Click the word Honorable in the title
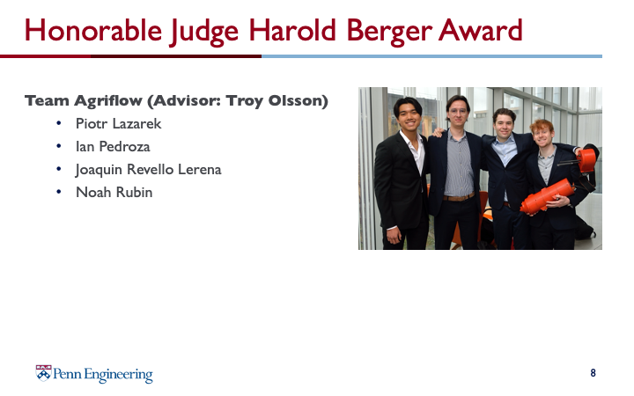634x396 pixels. [93, 31]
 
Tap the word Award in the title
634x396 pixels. [481, 30]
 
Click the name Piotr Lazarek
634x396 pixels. [119, 124]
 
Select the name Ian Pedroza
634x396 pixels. [113, 146]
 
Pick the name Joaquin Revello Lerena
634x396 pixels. [149, 170]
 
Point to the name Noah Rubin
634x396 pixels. [114, 193]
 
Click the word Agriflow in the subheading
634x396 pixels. [108, 101]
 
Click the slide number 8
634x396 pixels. [593, 372]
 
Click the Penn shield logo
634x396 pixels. [43, 373]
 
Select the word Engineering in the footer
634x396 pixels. [119, 375]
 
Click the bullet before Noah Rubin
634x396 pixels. [59, 192]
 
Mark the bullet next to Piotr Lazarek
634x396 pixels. [59, 123]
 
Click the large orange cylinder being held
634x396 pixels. [547, 196]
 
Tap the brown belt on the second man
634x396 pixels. [459, 198]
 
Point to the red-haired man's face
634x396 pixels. [542, 135]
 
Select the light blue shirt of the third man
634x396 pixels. [504, 150]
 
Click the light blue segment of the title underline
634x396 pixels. [431, 56]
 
